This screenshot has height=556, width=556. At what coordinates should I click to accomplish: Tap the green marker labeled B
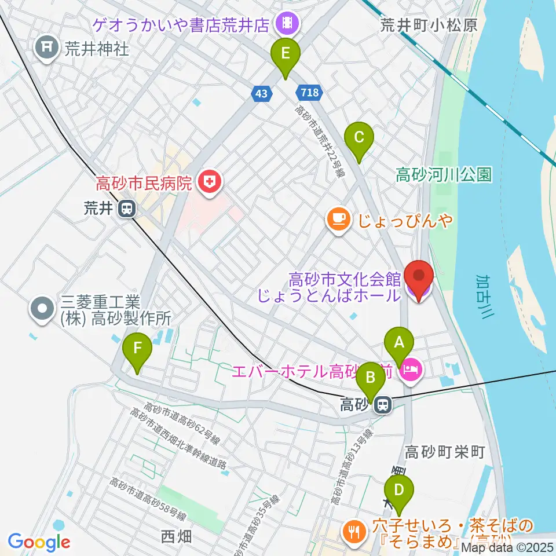370,380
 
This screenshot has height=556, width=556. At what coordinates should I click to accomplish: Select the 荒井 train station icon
126,209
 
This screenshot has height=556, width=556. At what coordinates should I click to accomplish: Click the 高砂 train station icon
382,405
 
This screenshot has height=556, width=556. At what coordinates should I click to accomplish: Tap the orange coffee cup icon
338,219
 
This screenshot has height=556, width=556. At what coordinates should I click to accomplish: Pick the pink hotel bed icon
411,368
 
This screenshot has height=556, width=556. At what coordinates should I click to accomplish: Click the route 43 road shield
262,93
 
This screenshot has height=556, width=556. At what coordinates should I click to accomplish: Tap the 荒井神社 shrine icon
45,47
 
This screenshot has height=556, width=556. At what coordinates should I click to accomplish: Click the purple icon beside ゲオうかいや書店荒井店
286,24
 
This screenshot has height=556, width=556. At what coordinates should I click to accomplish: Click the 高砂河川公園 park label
444,174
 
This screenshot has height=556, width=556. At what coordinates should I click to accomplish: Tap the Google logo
39,542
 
